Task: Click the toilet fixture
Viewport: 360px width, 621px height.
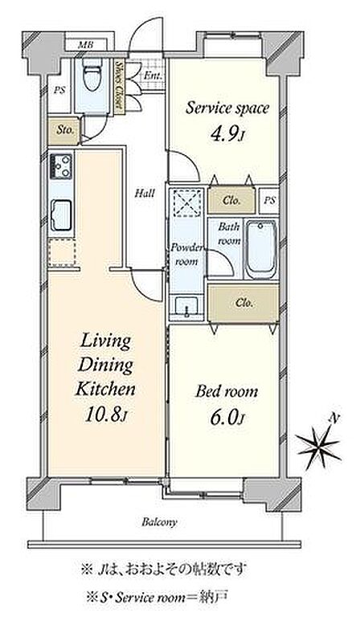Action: click(x=92, y=75)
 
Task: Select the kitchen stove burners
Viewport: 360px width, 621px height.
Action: click(x=60, y=166)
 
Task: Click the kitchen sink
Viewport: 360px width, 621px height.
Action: click(x=61, y=215)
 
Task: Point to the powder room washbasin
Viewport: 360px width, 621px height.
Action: click(x=186, y=307)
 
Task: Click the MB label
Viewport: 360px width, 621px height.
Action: click(x=85, y=45)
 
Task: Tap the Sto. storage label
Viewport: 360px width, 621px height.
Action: click(x=65, y=130)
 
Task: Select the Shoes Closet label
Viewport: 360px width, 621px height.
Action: click(x=118, y=85)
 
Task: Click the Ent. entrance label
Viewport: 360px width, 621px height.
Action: click(x=152, y=76)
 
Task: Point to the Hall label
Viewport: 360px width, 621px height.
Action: click(x=145, y=194)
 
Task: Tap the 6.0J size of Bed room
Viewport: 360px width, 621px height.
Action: click(x=226, y=418)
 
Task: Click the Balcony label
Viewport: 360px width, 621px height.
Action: click(x=159, y=522)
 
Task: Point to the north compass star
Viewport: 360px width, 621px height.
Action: click(x=319, y=444)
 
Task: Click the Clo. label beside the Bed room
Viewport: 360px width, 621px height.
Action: click(x=244, y=304)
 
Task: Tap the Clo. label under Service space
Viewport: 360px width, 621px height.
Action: click(x=231, y=200)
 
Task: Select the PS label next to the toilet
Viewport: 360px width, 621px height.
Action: click(x=59, y=90)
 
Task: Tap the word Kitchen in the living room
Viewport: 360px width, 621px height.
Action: click(x=105, y=389)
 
